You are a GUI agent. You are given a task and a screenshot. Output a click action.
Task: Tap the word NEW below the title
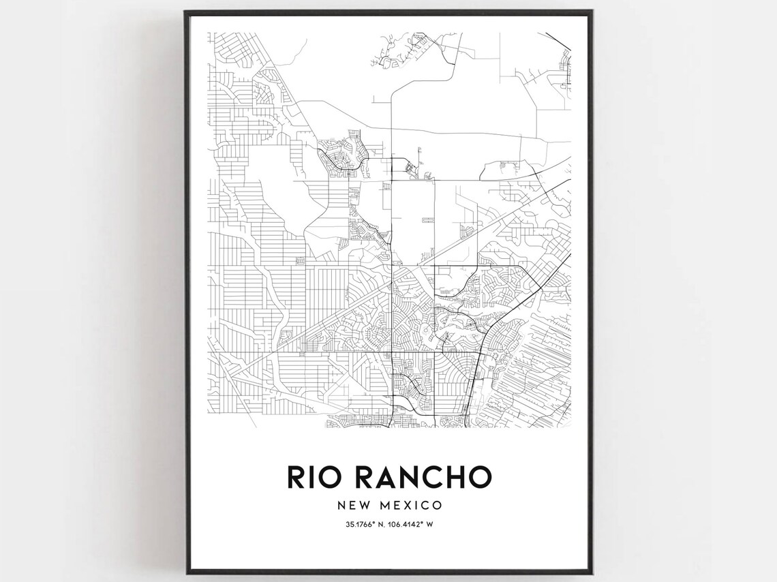click(x=352, y=506)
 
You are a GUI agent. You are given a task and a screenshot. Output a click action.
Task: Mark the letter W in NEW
click(x=363, y=506)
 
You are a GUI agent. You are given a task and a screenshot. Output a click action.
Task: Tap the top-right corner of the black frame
click(x=592, y=11)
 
